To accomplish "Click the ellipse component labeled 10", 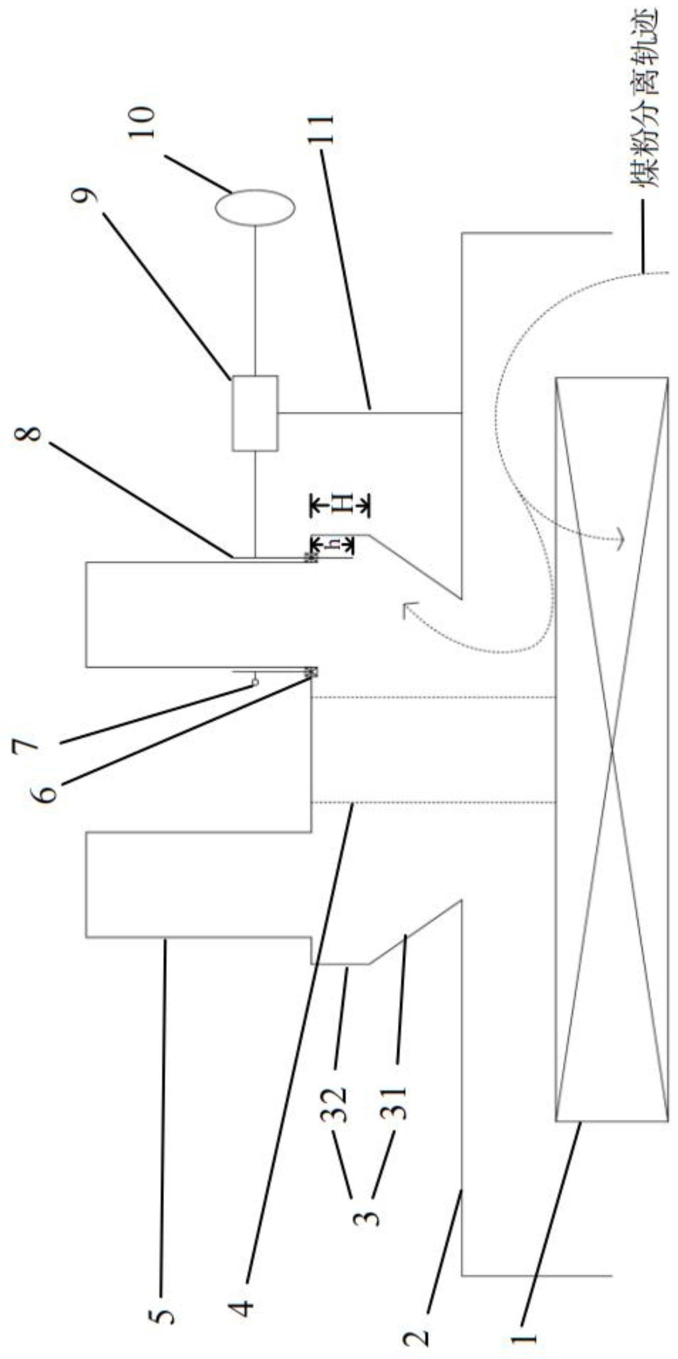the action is point(255,208).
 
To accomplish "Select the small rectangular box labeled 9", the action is point(255,413).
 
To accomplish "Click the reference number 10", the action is point(142,122).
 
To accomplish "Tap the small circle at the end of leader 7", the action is point(256,682).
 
